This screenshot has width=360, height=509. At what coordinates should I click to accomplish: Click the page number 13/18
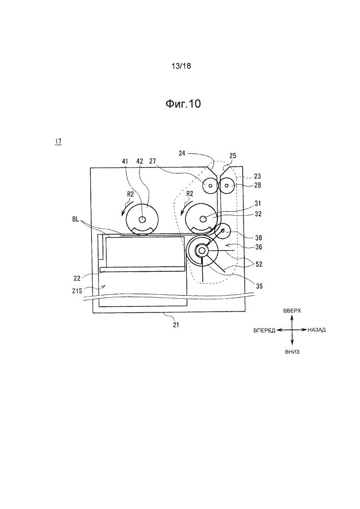coord(181,66)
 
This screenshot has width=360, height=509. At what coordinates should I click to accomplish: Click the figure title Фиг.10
coord(183,104)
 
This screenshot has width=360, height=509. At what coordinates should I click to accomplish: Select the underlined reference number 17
coord(59,142)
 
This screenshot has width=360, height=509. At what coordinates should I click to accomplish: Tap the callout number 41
coord(125,161)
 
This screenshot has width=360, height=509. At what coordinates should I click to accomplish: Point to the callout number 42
coord(140,161)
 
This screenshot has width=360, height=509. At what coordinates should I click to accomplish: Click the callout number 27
coord(153,161)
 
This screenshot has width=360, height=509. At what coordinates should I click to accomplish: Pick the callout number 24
coord(182,153)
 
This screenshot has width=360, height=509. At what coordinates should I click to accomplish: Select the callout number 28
coord(258,185)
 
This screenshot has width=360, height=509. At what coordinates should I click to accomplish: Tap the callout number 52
coord(259,265)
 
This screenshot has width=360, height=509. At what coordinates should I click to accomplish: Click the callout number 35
coord(259,286)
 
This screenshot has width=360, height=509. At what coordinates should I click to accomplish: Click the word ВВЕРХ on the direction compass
coord(292,311)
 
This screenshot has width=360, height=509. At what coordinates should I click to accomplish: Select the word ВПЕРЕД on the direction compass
coord(264,330)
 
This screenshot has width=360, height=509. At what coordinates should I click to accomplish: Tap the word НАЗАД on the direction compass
coord(317,330)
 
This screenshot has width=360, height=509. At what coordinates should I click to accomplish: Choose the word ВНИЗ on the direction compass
coord(292,352)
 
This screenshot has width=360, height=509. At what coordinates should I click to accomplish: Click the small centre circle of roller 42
coord(142,219)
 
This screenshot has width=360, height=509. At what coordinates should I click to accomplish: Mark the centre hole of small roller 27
coord(210,186)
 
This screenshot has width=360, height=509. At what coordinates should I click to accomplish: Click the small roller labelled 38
coord(223,231)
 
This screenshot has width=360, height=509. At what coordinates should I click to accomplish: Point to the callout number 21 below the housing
coord(176,325)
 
